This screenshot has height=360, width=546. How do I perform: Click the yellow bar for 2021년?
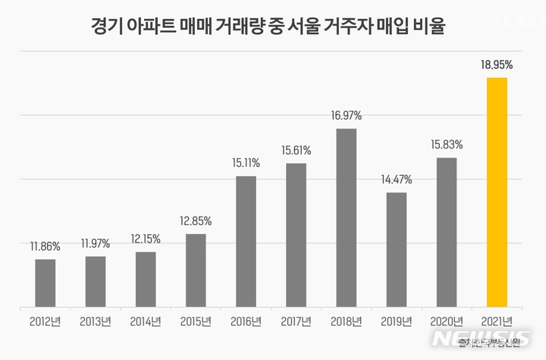[x=497, y=193]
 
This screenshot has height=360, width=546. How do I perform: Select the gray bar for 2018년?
[x=347, y=218]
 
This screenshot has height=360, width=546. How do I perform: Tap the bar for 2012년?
[x=45, y=283]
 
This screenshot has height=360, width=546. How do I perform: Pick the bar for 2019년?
[x=397, y=250]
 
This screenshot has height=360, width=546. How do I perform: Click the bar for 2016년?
[x=246, y=242]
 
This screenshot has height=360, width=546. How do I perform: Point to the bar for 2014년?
[x=146, y=280]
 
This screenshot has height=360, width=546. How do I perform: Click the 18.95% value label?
[x=497, y=66]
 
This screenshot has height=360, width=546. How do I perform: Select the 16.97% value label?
[x=347, y=116]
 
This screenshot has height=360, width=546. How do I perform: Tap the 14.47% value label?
[x=397, y=180]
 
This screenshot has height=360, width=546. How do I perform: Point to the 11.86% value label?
[x=45, y=246]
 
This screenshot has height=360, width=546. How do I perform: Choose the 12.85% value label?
[x=196, y=221]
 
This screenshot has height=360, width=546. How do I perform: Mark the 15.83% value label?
[x=447, y=145]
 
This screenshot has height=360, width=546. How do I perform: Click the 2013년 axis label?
[x=96, y=321]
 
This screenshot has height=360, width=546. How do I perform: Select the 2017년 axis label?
[x=297, y=321]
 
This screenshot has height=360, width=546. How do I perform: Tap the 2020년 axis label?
[x=447, y=321]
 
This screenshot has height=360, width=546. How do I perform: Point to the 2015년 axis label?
[x=196, y=321]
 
